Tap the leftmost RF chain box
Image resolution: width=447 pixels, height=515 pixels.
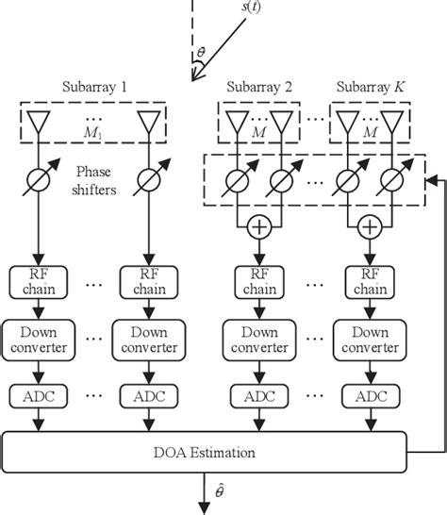pyautogui.click(x=36, y=282)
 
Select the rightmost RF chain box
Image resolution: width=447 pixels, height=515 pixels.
pyautogui.click(x=370, y=282)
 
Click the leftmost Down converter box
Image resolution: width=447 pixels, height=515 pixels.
pyautogui.click(x=36, y=339)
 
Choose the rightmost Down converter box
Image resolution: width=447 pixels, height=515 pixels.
pyautogui.click(x=370, y=339)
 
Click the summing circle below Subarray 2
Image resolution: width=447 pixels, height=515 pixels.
pyautogui.click(x=258, y=226)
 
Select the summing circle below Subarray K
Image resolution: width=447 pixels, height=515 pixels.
pyautogui.click(x=370, y=226)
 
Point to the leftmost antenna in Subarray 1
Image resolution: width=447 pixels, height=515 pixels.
pyautogui.click(x=36, y=120)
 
